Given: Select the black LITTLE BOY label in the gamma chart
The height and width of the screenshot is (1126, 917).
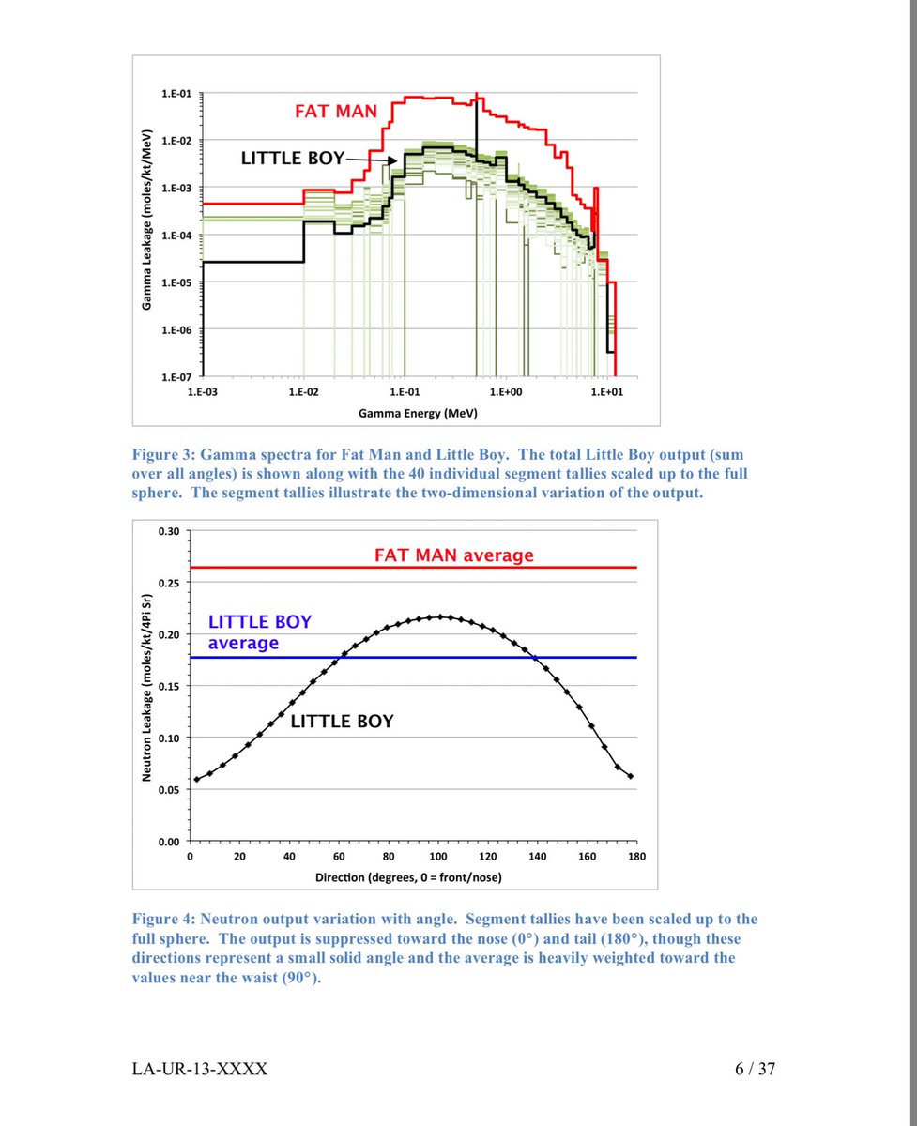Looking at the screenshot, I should [293, 159].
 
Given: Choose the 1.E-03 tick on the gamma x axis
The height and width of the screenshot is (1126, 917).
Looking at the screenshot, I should [203, 391].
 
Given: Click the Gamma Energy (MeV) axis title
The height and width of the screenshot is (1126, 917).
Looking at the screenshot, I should [405, 413].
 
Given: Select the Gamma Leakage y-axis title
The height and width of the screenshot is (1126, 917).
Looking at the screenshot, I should [148, 236].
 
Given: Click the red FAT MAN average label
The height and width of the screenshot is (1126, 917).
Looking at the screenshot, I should [453, 555].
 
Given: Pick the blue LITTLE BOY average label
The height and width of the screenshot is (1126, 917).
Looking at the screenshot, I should [259, 632].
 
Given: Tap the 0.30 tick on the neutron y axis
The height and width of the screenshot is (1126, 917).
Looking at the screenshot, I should [168, 530].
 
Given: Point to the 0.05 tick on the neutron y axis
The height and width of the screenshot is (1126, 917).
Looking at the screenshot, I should [168, 789].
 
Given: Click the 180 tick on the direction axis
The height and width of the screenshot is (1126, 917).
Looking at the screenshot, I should [637, 857].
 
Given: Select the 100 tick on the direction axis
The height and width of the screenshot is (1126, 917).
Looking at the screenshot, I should [438, 857].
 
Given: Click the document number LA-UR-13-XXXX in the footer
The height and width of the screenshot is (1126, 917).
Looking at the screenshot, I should [200, 1069].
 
